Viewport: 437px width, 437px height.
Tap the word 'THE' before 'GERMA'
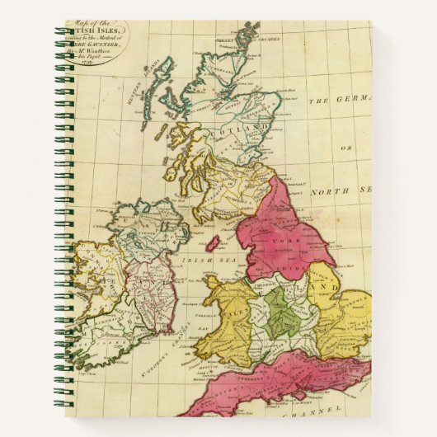[318, 102]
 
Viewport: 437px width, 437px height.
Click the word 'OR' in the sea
[345, 148]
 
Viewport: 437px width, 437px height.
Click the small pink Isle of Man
[213, 244]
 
